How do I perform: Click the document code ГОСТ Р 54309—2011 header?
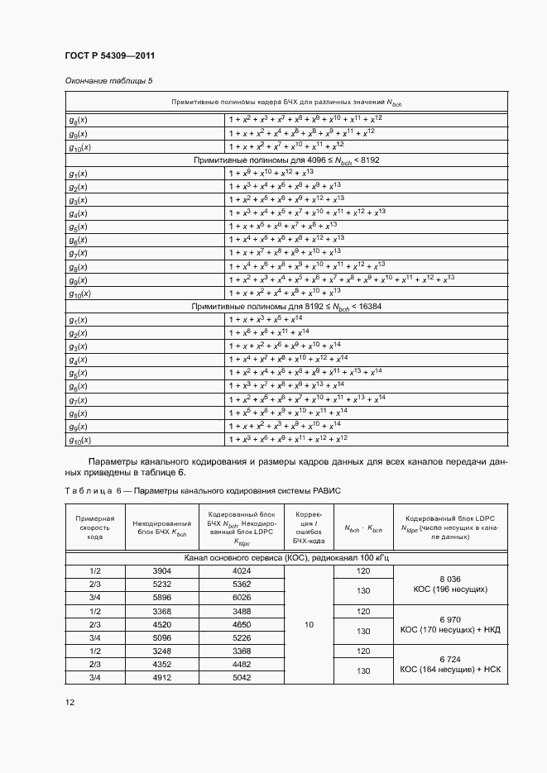tap(109, 55)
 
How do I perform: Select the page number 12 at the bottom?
tap(70, 702)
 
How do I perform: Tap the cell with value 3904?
tap(162, 570)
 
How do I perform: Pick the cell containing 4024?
tap(242, 570)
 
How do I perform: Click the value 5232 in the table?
tap(162, 584)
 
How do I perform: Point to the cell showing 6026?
tap(242, 597)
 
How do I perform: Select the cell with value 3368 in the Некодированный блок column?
tap(162, 611)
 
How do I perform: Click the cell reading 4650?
tap(242, 624)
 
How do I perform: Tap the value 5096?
tap(162, 637)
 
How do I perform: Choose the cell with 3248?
tap(162, 651)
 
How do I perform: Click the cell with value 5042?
tap(242, 677)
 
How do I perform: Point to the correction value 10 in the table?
tap(309, 624)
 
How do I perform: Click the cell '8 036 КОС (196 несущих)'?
tap(449, 584)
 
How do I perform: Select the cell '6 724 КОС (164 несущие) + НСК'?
tap(449, 664)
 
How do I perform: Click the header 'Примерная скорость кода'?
tap(94, 526)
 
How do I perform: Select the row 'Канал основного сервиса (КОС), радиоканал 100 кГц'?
tap(285, 558)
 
